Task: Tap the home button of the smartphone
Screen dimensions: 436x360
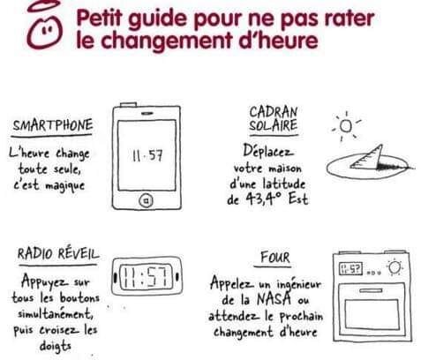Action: tap(146, 200)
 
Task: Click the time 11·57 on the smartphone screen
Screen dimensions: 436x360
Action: tap(147, 155)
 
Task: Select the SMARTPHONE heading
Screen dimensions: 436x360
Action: tap(53, 125)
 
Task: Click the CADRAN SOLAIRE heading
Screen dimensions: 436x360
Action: tap(274, 118)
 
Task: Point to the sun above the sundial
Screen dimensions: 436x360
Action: tap(346, 126)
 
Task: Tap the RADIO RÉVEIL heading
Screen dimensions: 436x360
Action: tap(58, 254)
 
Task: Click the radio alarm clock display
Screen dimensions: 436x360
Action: tap(147, 276)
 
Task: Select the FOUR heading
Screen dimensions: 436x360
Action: tap(275, 258)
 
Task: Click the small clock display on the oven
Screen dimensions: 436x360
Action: tap(350, 268)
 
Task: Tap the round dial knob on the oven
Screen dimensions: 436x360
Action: tap(395, 267)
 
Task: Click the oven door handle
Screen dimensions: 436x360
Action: tap(371, 290)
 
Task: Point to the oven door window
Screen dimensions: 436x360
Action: tap(372, 314)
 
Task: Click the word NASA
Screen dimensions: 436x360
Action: tap(274, 299)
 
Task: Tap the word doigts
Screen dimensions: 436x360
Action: tap(56, 347)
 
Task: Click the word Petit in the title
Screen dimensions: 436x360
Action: tap(99, 19)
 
